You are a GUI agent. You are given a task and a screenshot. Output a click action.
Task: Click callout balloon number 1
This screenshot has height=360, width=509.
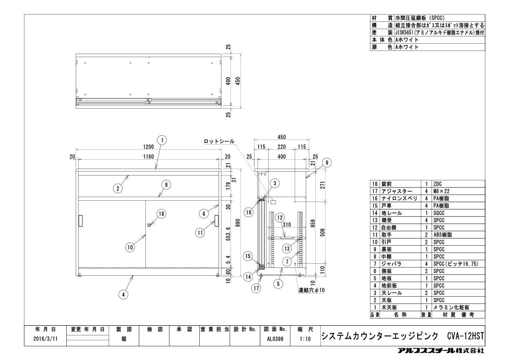tap(162, 140)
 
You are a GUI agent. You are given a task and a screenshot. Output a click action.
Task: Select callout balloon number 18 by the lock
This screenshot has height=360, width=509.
tap(161, 214)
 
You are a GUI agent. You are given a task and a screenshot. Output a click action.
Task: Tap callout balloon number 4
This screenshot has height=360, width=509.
tap(123, 295)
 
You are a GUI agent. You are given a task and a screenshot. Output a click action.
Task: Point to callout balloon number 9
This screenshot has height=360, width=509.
tap(327, 163)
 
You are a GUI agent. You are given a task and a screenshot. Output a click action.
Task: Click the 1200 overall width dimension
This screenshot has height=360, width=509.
tap(148, 147)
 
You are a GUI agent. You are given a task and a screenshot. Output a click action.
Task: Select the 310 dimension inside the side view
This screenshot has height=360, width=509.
tap(287, 224)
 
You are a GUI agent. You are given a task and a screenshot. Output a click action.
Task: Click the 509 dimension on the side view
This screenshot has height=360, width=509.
tap(323, 232)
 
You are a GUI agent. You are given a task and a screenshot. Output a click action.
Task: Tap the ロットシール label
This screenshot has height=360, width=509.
tap(219, 141)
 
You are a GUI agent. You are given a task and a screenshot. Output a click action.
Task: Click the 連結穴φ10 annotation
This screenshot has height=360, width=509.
tap(312, 290)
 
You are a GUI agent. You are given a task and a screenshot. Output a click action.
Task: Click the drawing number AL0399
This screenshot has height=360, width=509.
tap(275, 339)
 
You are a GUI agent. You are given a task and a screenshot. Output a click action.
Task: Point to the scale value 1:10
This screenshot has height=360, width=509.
tap(305, 339)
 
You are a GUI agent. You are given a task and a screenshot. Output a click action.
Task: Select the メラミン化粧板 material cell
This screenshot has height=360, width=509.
tap(451, 307)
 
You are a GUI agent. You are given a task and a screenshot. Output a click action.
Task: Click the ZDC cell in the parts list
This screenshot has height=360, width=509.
tap(438, 184)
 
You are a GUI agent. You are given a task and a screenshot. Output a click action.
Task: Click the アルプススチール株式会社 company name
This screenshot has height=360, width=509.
tap(441, 351)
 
